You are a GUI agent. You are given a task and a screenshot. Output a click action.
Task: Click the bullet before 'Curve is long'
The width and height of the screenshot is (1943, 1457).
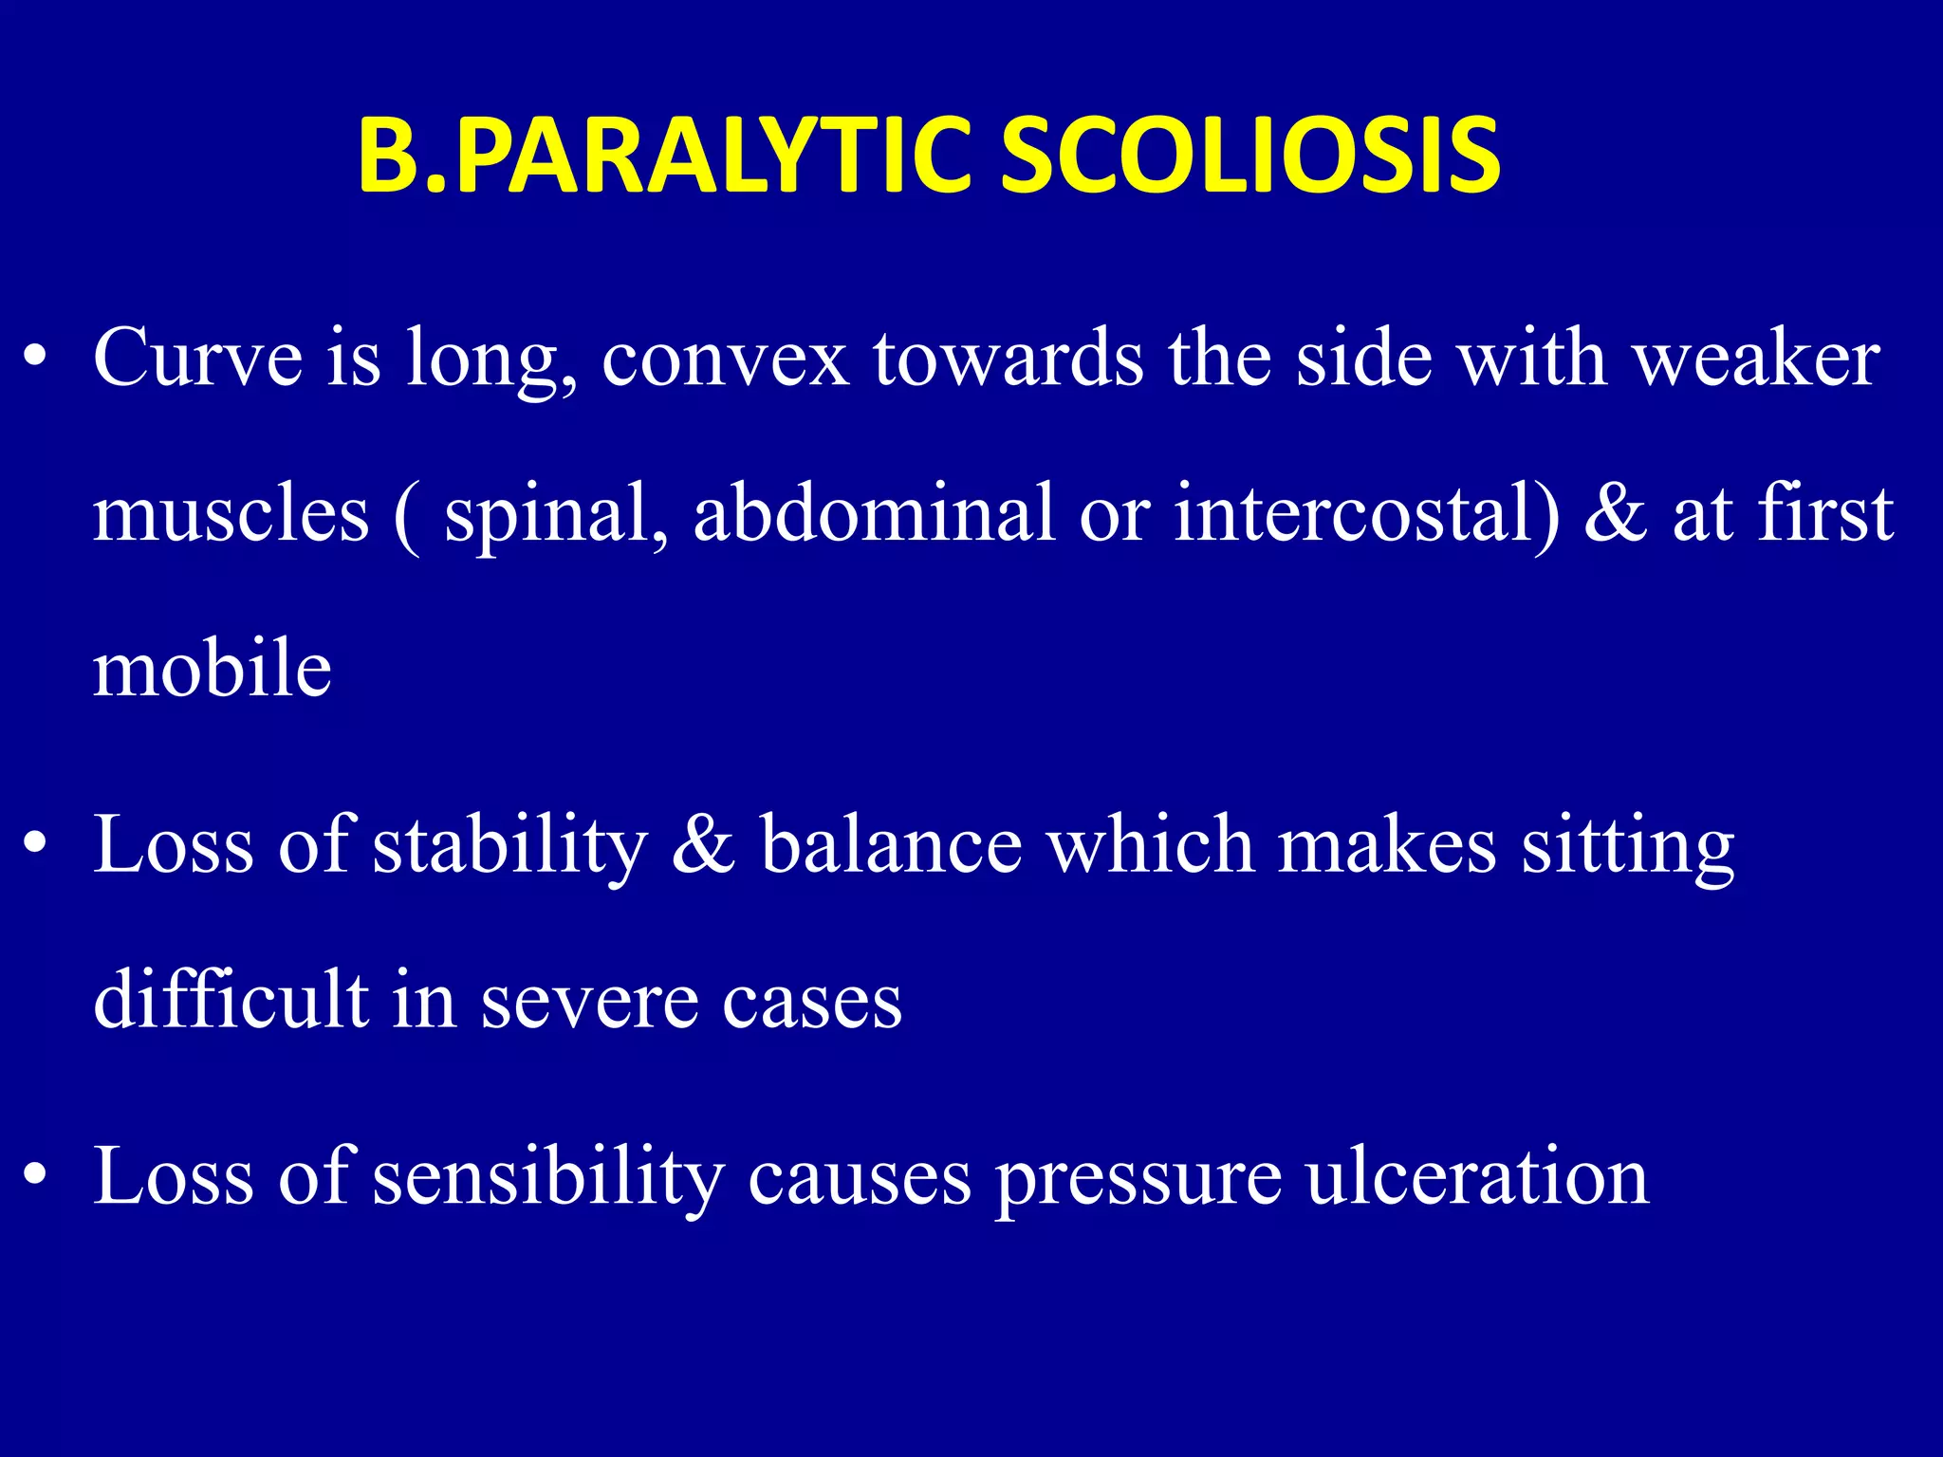click(x=35, y=358)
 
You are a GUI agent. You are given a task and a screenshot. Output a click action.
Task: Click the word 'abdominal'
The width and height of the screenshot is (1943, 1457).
click(x=873, y=513)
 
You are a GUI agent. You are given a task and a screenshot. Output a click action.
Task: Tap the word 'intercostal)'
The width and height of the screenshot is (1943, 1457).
click(x=1366, y=513)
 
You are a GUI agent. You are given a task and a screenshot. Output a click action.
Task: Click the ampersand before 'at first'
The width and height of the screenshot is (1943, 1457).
click(x=1616, y=513)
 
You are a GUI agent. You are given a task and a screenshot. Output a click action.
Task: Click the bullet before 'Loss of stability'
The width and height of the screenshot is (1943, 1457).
click(x=35, y=844)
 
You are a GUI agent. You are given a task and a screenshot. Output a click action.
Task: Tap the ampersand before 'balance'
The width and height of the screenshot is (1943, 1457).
click(x=703, y=845)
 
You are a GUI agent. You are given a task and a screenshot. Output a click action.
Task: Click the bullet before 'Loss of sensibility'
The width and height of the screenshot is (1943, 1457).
click(x=35, y=1175)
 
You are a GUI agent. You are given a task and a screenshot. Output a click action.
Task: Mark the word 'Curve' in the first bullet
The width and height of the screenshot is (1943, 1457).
click(x=197, y=359)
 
